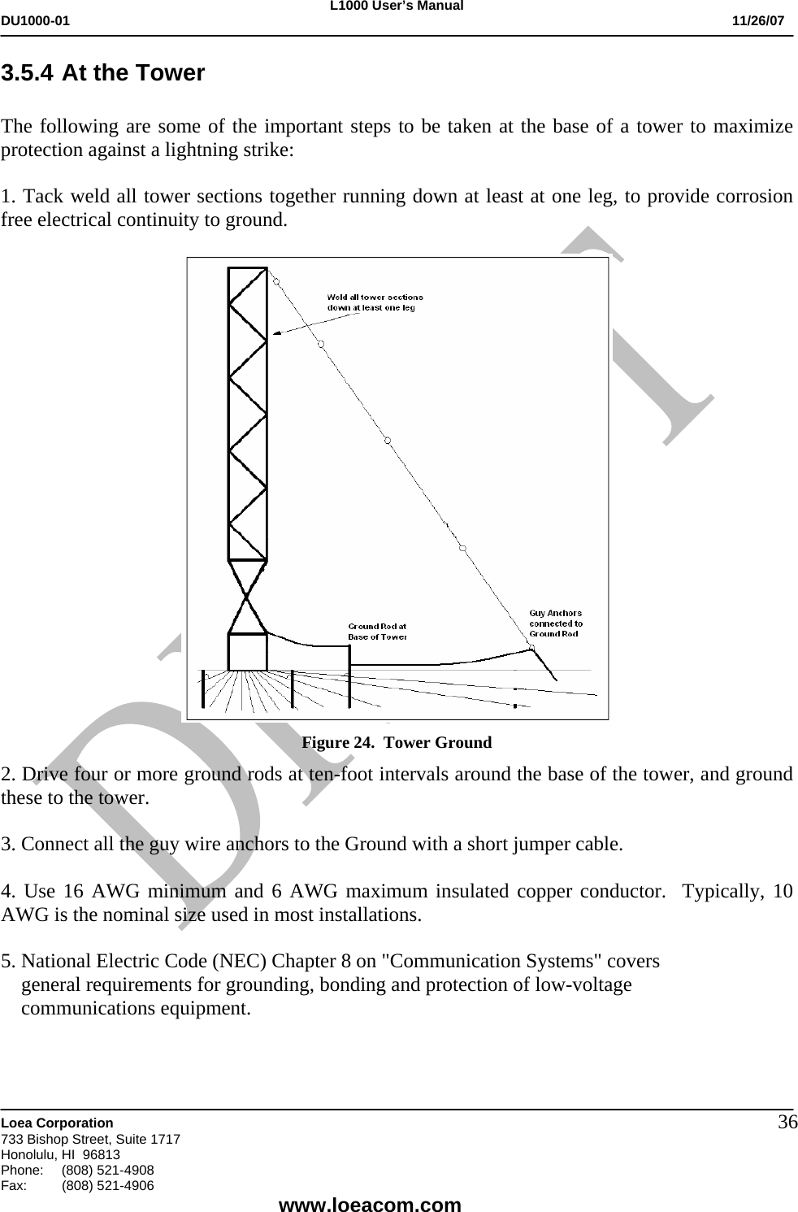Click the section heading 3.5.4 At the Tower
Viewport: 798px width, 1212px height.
coord(103,73)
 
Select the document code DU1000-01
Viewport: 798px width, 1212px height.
coord(36,20)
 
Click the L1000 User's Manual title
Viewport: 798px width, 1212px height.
coord(398,7)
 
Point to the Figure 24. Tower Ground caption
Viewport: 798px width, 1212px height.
coord(397,742)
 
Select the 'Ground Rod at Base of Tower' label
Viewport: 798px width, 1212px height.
coord(378,631)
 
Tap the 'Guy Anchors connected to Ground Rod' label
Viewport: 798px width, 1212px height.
coord(556,623)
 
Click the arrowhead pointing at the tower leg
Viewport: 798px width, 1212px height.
coord(276,332)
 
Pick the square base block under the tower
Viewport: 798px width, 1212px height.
coord(247,652)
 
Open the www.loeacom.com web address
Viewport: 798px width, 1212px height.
coord(370,1204)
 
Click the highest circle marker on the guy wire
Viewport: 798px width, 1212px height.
coord(276,281)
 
